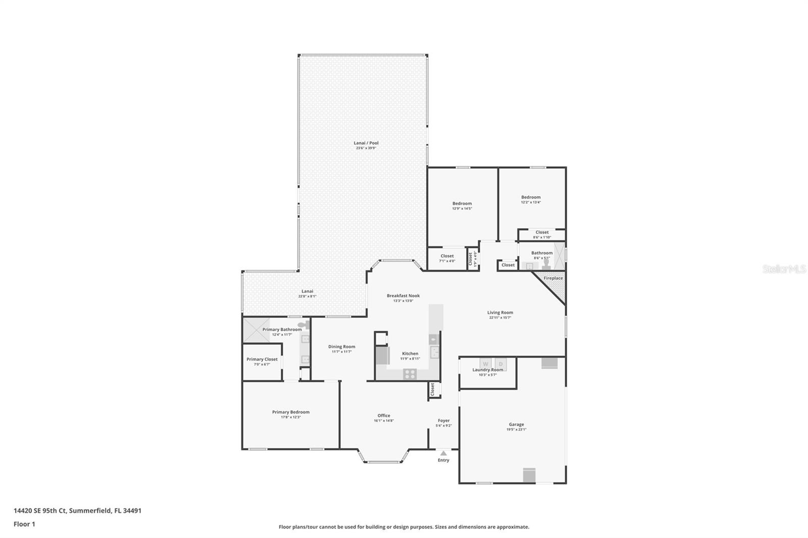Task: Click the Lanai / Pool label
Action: tap(366, 143)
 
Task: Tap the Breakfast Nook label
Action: tap(403, 296)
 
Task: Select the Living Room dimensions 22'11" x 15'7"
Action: tap(500, 318)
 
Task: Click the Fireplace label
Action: tap(553, 278)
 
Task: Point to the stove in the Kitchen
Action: tap(410, 374)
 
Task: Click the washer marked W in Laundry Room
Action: tap(485, 364)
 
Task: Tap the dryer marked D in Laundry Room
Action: tap(500, 364)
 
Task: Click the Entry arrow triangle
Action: tap(443, 453)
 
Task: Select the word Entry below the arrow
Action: tap(443, 460)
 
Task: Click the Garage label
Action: tap(516, 424)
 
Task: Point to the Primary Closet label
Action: tap(262, 359)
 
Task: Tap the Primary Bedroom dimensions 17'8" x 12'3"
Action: tap(291, 417)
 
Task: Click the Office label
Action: tap(384, 415)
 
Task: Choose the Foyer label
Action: tap(443, 420)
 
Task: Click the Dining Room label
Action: tap(341, 347)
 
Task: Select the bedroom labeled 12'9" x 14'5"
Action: tap(462, 206)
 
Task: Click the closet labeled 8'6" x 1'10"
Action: tap(542, 235)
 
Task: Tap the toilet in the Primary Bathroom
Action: tap(302, 326)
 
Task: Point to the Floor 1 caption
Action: tap(24, 524)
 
